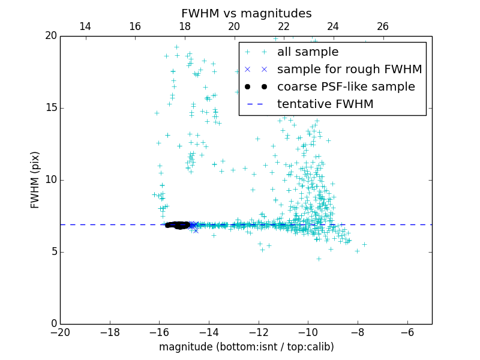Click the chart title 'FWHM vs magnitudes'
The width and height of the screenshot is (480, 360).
tap(247, 13)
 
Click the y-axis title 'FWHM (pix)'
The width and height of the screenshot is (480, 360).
tap(35, 179)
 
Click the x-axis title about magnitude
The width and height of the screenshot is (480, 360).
tap(246, 347)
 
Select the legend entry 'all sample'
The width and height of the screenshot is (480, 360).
tap(308, 52)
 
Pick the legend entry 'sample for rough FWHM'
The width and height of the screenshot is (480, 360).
tap(349, 70)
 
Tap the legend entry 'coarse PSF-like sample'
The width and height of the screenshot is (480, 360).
tap(346, 87)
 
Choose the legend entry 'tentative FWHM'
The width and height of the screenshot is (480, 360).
tap(325, 104)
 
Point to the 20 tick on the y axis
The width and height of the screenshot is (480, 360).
tap(50, 36)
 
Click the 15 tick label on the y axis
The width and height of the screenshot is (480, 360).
tap(50, 108)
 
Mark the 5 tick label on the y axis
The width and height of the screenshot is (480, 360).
tap(53, 252)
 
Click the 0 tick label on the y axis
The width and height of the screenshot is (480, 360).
tap(53, 324)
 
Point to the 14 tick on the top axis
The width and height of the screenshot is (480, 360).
tap(85, 26)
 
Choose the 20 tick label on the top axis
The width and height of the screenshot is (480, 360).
tap(234, 26)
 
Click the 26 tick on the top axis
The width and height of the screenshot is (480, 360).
tap(383, 26)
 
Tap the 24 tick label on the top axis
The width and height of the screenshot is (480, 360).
tap(333, 26)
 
